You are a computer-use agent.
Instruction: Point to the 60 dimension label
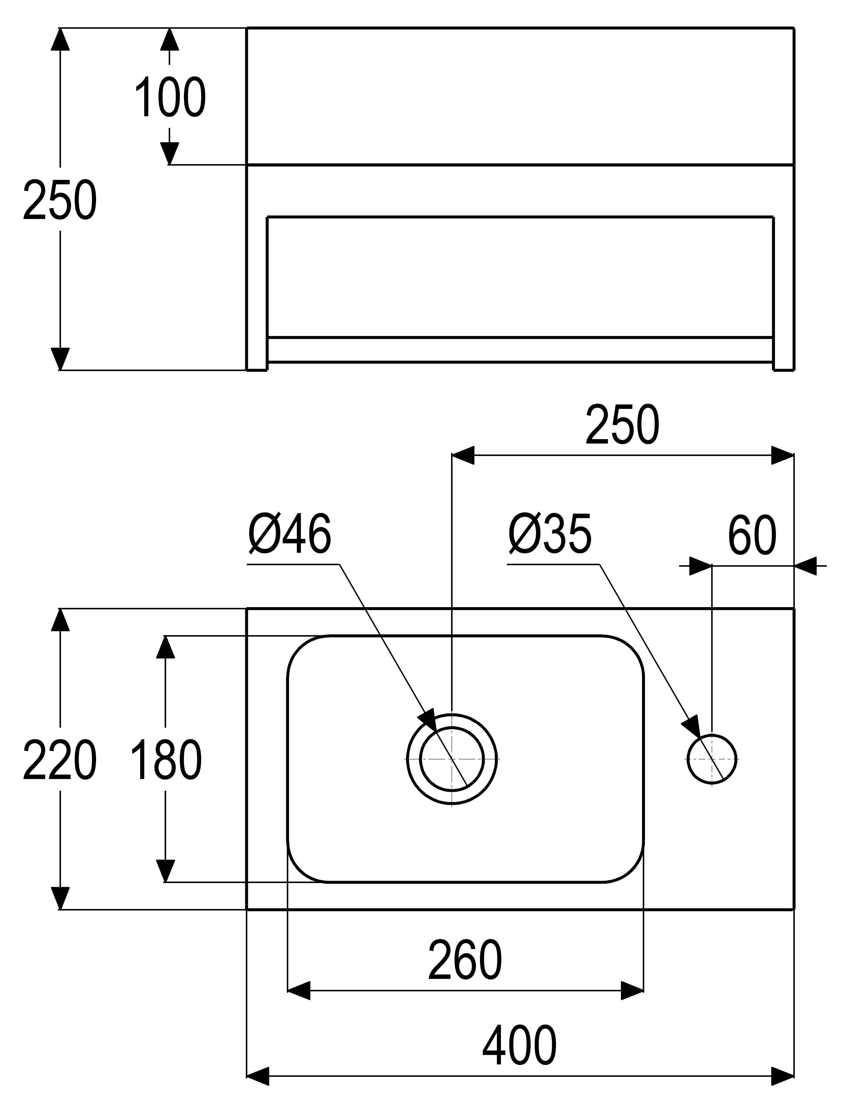point(752,536)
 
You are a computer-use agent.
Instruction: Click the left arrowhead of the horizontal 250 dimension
point(463,455)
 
